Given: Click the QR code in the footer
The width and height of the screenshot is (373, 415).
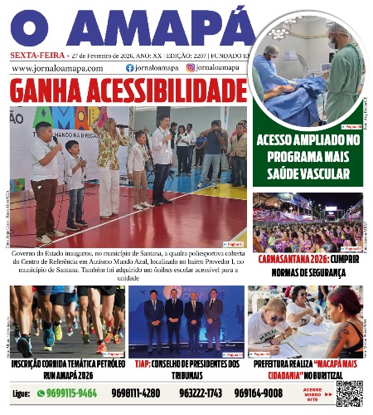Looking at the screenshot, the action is pos(349,393).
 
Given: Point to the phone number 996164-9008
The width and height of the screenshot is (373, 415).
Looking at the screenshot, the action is pos(259,393).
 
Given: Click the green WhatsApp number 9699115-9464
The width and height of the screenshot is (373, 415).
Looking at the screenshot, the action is pos(72,393).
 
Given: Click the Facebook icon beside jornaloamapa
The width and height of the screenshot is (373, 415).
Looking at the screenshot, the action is pos(129,68).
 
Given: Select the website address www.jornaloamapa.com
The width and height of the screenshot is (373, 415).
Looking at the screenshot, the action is pos(57,68).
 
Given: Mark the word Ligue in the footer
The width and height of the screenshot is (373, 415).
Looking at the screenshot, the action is pos(22,393).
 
